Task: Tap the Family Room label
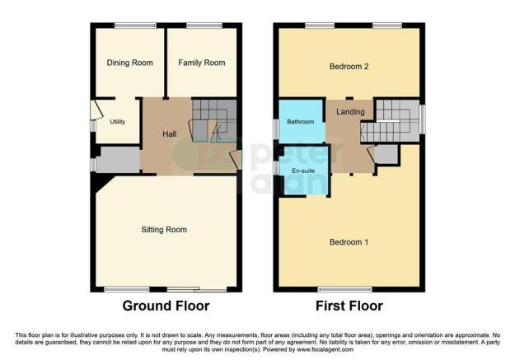(x=202, y=63)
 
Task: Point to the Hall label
(x=169, y=133)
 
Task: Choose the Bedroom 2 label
(x=349, y=66)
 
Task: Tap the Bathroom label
(x=301, y=122)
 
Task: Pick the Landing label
(x=350, y=112)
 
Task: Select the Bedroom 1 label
(x=349, y=242)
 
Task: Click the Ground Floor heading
(x=166, y=306)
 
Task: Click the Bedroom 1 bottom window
(x=339, y=288)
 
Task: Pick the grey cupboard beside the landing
(x=386, y=153)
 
